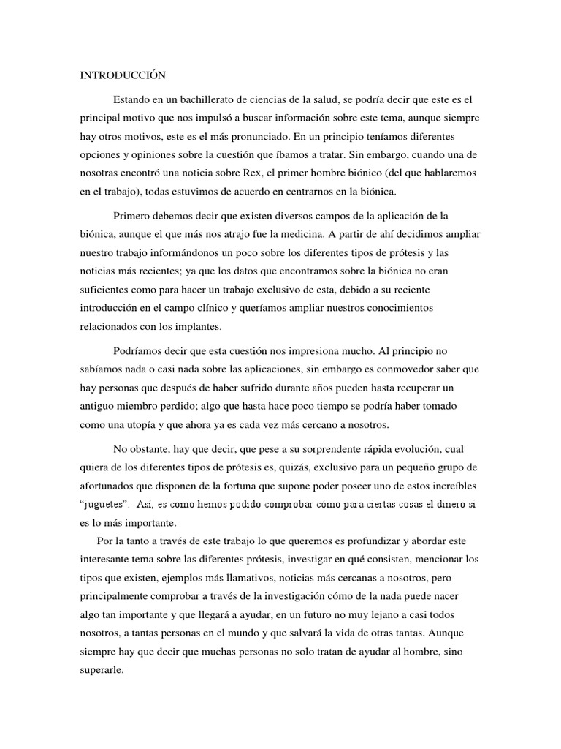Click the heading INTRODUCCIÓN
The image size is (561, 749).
[123, 75]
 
